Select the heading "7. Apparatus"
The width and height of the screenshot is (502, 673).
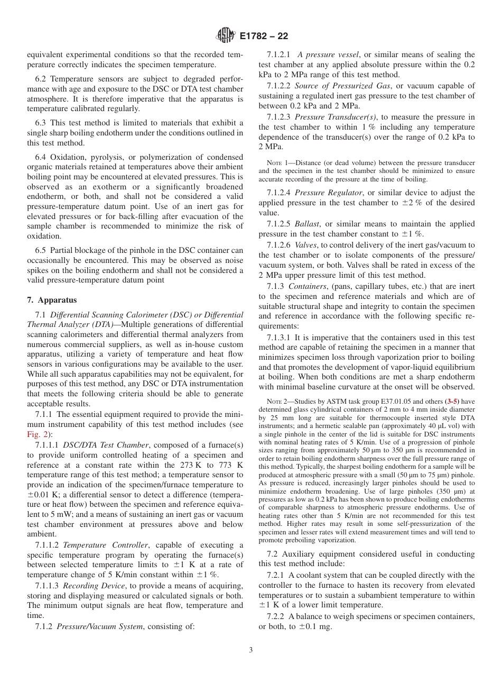[52, 300]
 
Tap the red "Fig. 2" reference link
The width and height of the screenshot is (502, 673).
[36, 434]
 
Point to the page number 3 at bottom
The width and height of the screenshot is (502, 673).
[251, 650]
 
